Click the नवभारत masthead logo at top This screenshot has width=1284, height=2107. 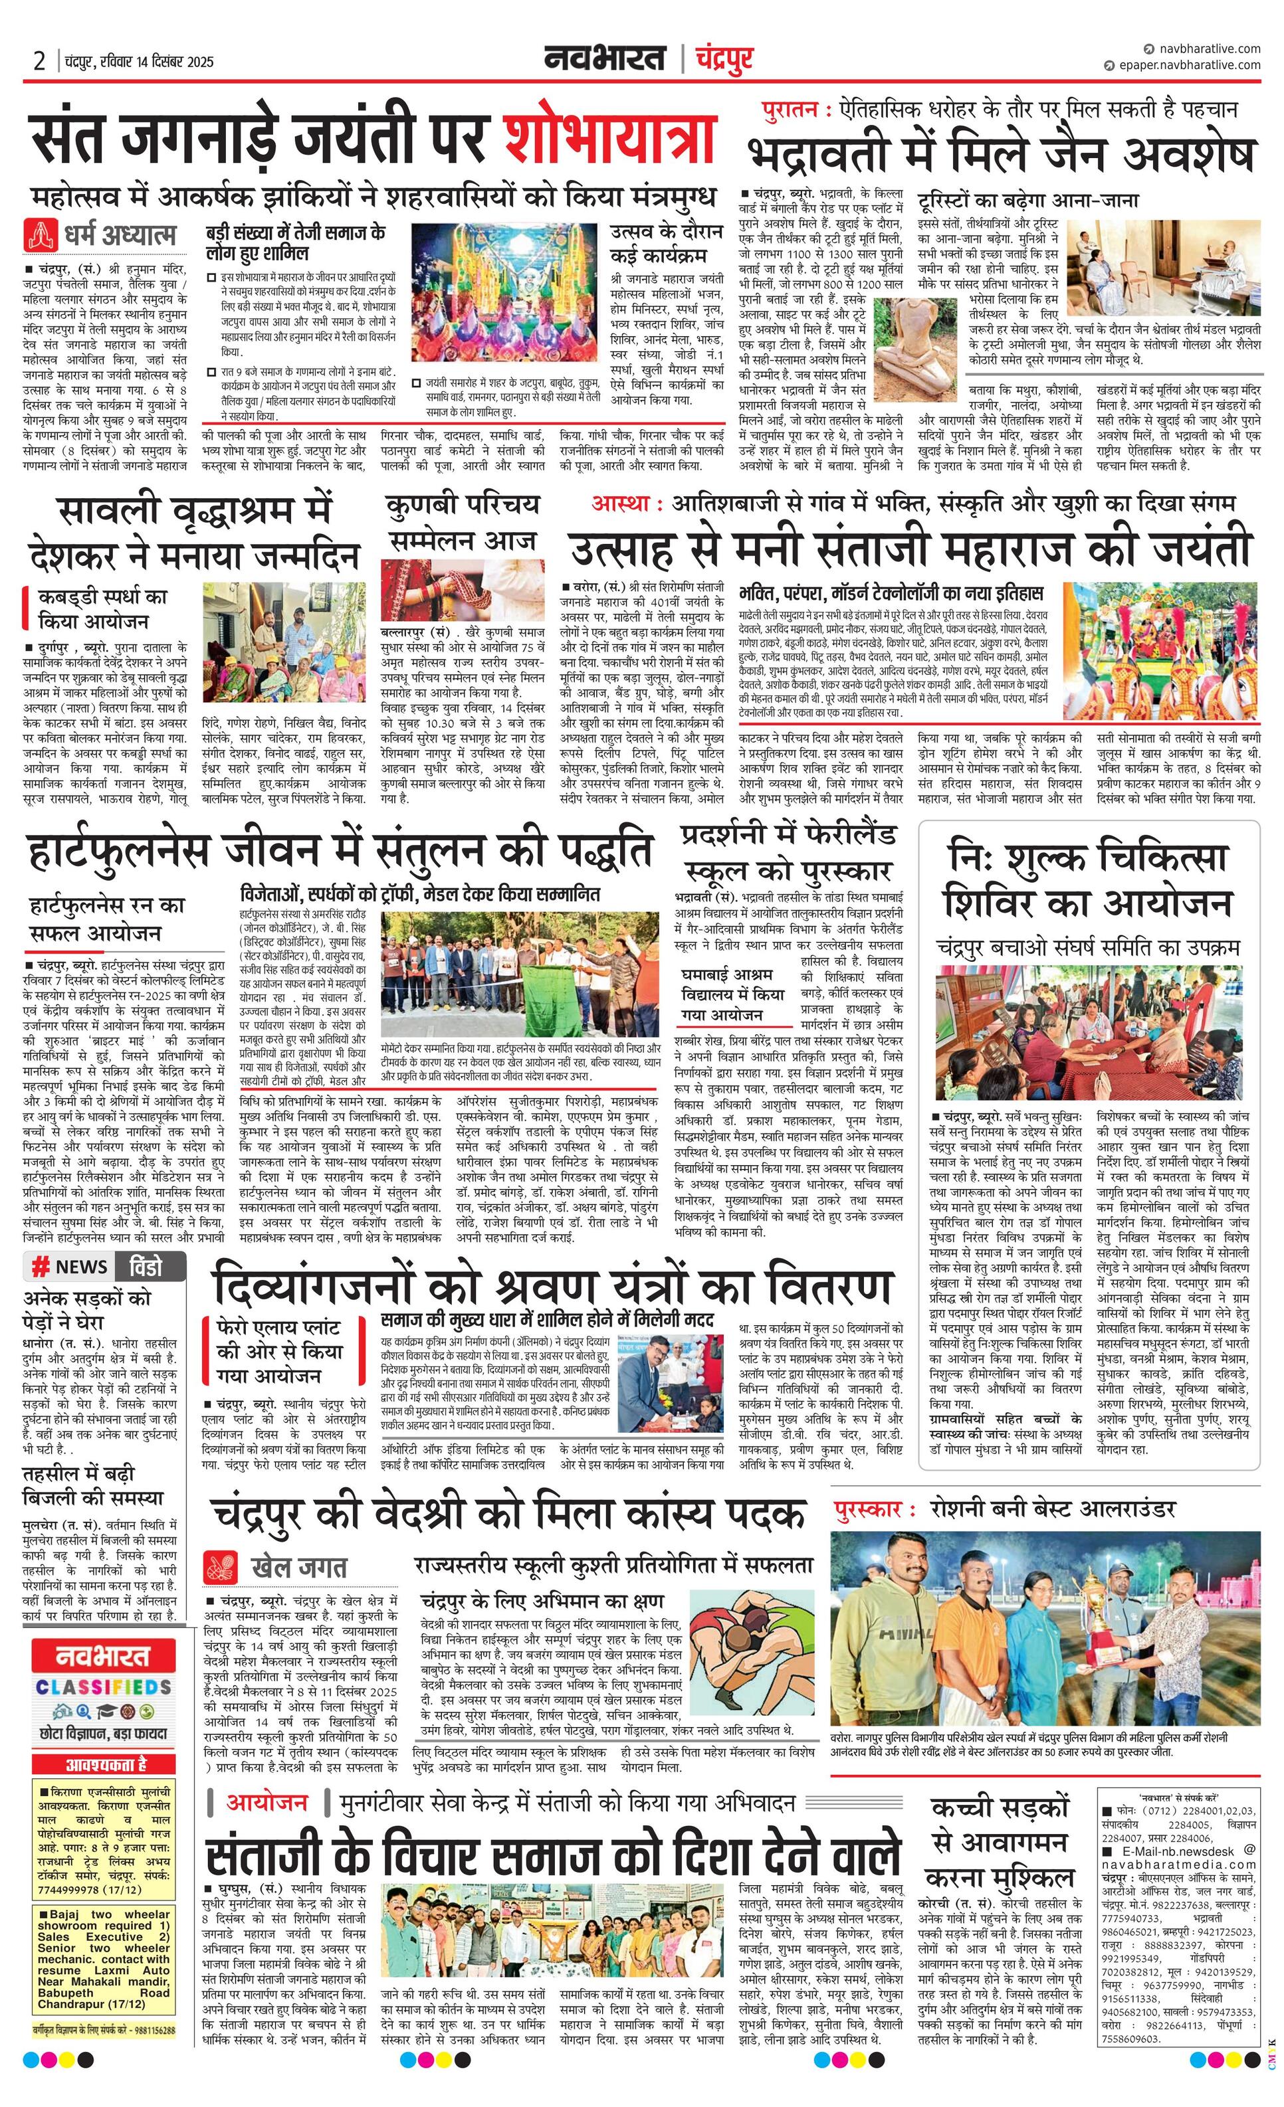point(605,59)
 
